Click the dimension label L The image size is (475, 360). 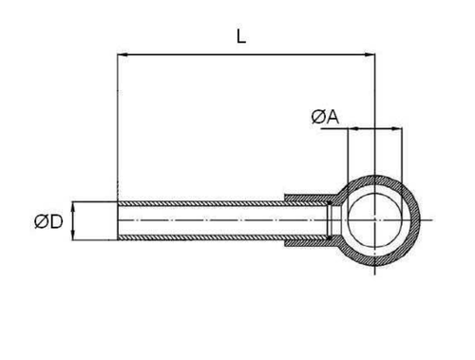click(241, 36)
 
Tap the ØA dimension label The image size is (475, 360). click(325, 117)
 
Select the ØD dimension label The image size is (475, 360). click(48, 221)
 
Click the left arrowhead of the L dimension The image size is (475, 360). click(123, 55)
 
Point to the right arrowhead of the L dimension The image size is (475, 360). click(370, 55)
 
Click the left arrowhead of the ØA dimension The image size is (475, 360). click(352, 128)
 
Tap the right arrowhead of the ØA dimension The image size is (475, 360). click(397, 128)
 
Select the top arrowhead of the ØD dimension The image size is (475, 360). click(73, 207)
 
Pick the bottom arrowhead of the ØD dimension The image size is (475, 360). click(73, 235)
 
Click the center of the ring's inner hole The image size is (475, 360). click(375, 219)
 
